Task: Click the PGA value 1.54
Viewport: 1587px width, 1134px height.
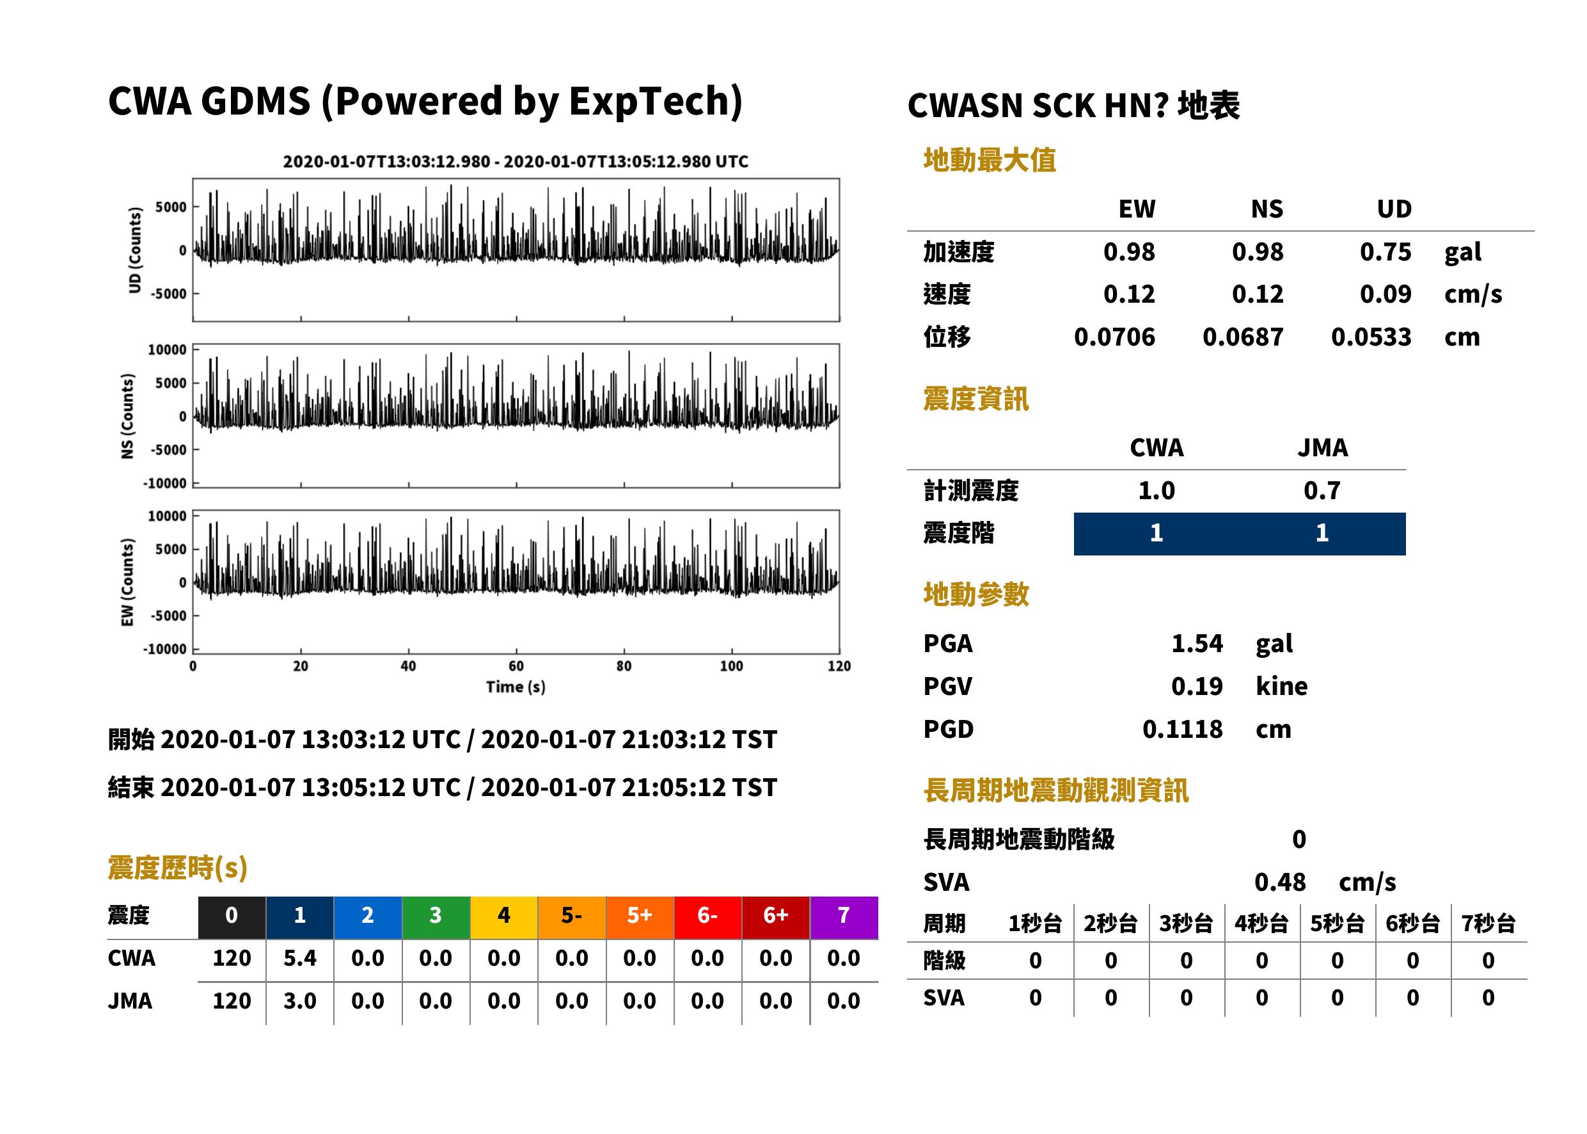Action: (x=1196, y=643)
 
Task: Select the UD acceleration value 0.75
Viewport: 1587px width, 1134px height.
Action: (x=1386, y=252)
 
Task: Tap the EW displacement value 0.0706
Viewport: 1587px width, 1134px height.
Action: (x=1114, y=337)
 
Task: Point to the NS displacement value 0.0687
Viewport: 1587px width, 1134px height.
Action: (x=1243, y=337)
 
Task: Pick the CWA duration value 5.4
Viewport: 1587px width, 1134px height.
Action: (x=300, y=958)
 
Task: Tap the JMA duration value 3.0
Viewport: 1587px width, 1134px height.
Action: (x=300, y=1001)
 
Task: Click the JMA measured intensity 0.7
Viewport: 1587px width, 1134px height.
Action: (x=1322, y=490)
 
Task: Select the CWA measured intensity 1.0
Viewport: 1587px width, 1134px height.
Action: (x=1157, y=490)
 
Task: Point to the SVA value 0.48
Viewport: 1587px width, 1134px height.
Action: (x=1280, y=882)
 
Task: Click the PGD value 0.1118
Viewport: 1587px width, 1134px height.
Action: (x=1182, y=729)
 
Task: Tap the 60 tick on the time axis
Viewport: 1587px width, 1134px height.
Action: (x=516, y=666)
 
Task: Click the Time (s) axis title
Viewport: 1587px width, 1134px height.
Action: (x=516, y=687)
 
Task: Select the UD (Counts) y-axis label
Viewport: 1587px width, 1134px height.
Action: (x=135, y=250)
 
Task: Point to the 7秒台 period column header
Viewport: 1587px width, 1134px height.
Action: (x=1488, y=923)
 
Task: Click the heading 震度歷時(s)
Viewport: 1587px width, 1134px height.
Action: (x=178, y=868)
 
